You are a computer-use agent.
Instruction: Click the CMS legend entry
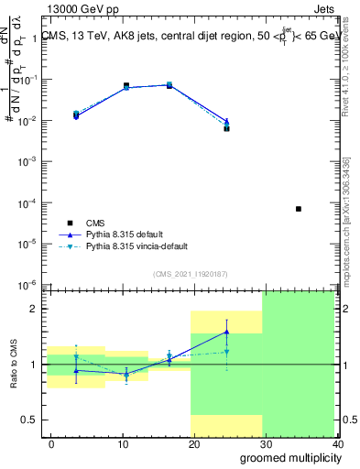tap(94, 223)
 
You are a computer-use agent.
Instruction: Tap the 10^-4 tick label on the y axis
tap(31, 202)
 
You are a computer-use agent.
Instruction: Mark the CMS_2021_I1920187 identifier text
tap(190, 274)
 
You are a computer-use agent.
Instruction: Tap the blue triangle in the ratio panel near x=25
tap(226, 332)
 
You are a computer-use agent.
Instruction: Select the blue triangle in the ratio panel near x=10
tap(126, 374)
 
